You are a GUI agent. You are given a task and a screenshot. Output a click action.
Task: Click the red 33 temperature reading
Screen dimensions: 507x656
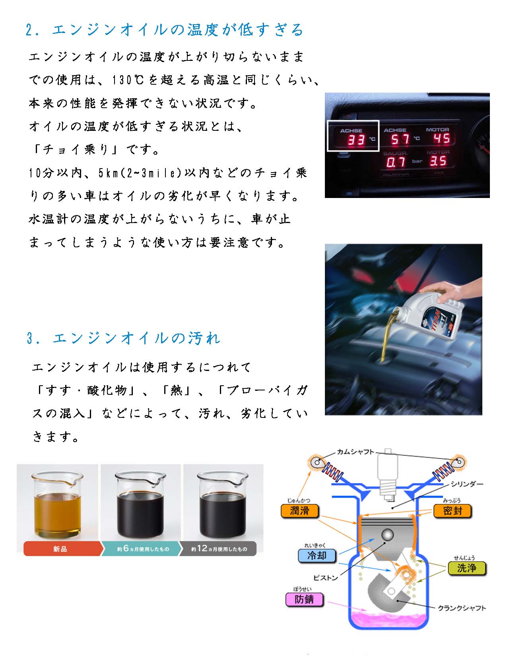pos(357,140)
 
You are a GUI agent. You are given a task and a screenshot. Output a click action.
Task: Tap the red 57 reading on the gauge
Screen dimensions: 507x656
pos(400,139)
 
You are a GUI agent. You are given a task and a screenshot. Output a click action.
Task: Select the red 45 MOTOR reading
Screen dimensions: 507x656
pos(442,139)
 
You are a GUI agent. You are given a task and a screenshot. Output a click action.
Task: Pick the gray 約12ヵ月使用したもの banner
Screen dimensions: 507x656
pos(218,549)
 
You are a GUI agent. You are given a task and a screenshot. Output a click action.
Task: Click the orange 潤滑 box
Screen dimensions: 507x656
pos(299,511)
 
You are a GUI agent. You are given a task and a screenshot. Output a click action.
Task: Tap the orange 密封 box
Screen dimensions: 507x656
pos(453,511)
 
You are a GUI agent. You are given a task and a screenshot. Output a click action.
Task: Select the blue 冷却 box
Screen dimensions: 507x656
pos(317,555)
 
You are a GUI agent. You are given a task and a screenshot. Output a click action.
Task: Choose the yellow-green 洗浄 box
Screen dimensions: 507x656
pos(466,568)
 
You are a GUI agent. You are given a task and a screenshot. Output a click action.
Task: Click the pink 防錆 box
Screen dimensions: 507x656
pos(304,599)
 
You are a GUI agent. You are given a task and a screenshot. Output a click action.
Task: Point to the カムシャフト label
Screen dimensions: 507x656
pos(355,452)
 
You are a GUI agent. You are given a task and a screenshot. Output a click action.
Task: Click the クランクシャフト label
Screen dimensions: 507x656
pos(462,608)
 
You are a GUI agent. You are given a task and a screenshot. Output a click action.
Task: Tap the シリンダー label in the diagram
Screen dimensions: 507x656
pos(467,484)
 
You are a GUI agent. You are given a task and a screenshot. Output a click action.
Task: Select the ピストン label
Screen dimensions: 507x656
pos(325,578)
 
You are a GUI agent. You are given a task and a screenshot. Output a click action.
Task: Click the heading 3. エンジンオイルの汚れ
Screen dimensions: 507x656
pos(124,338)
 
